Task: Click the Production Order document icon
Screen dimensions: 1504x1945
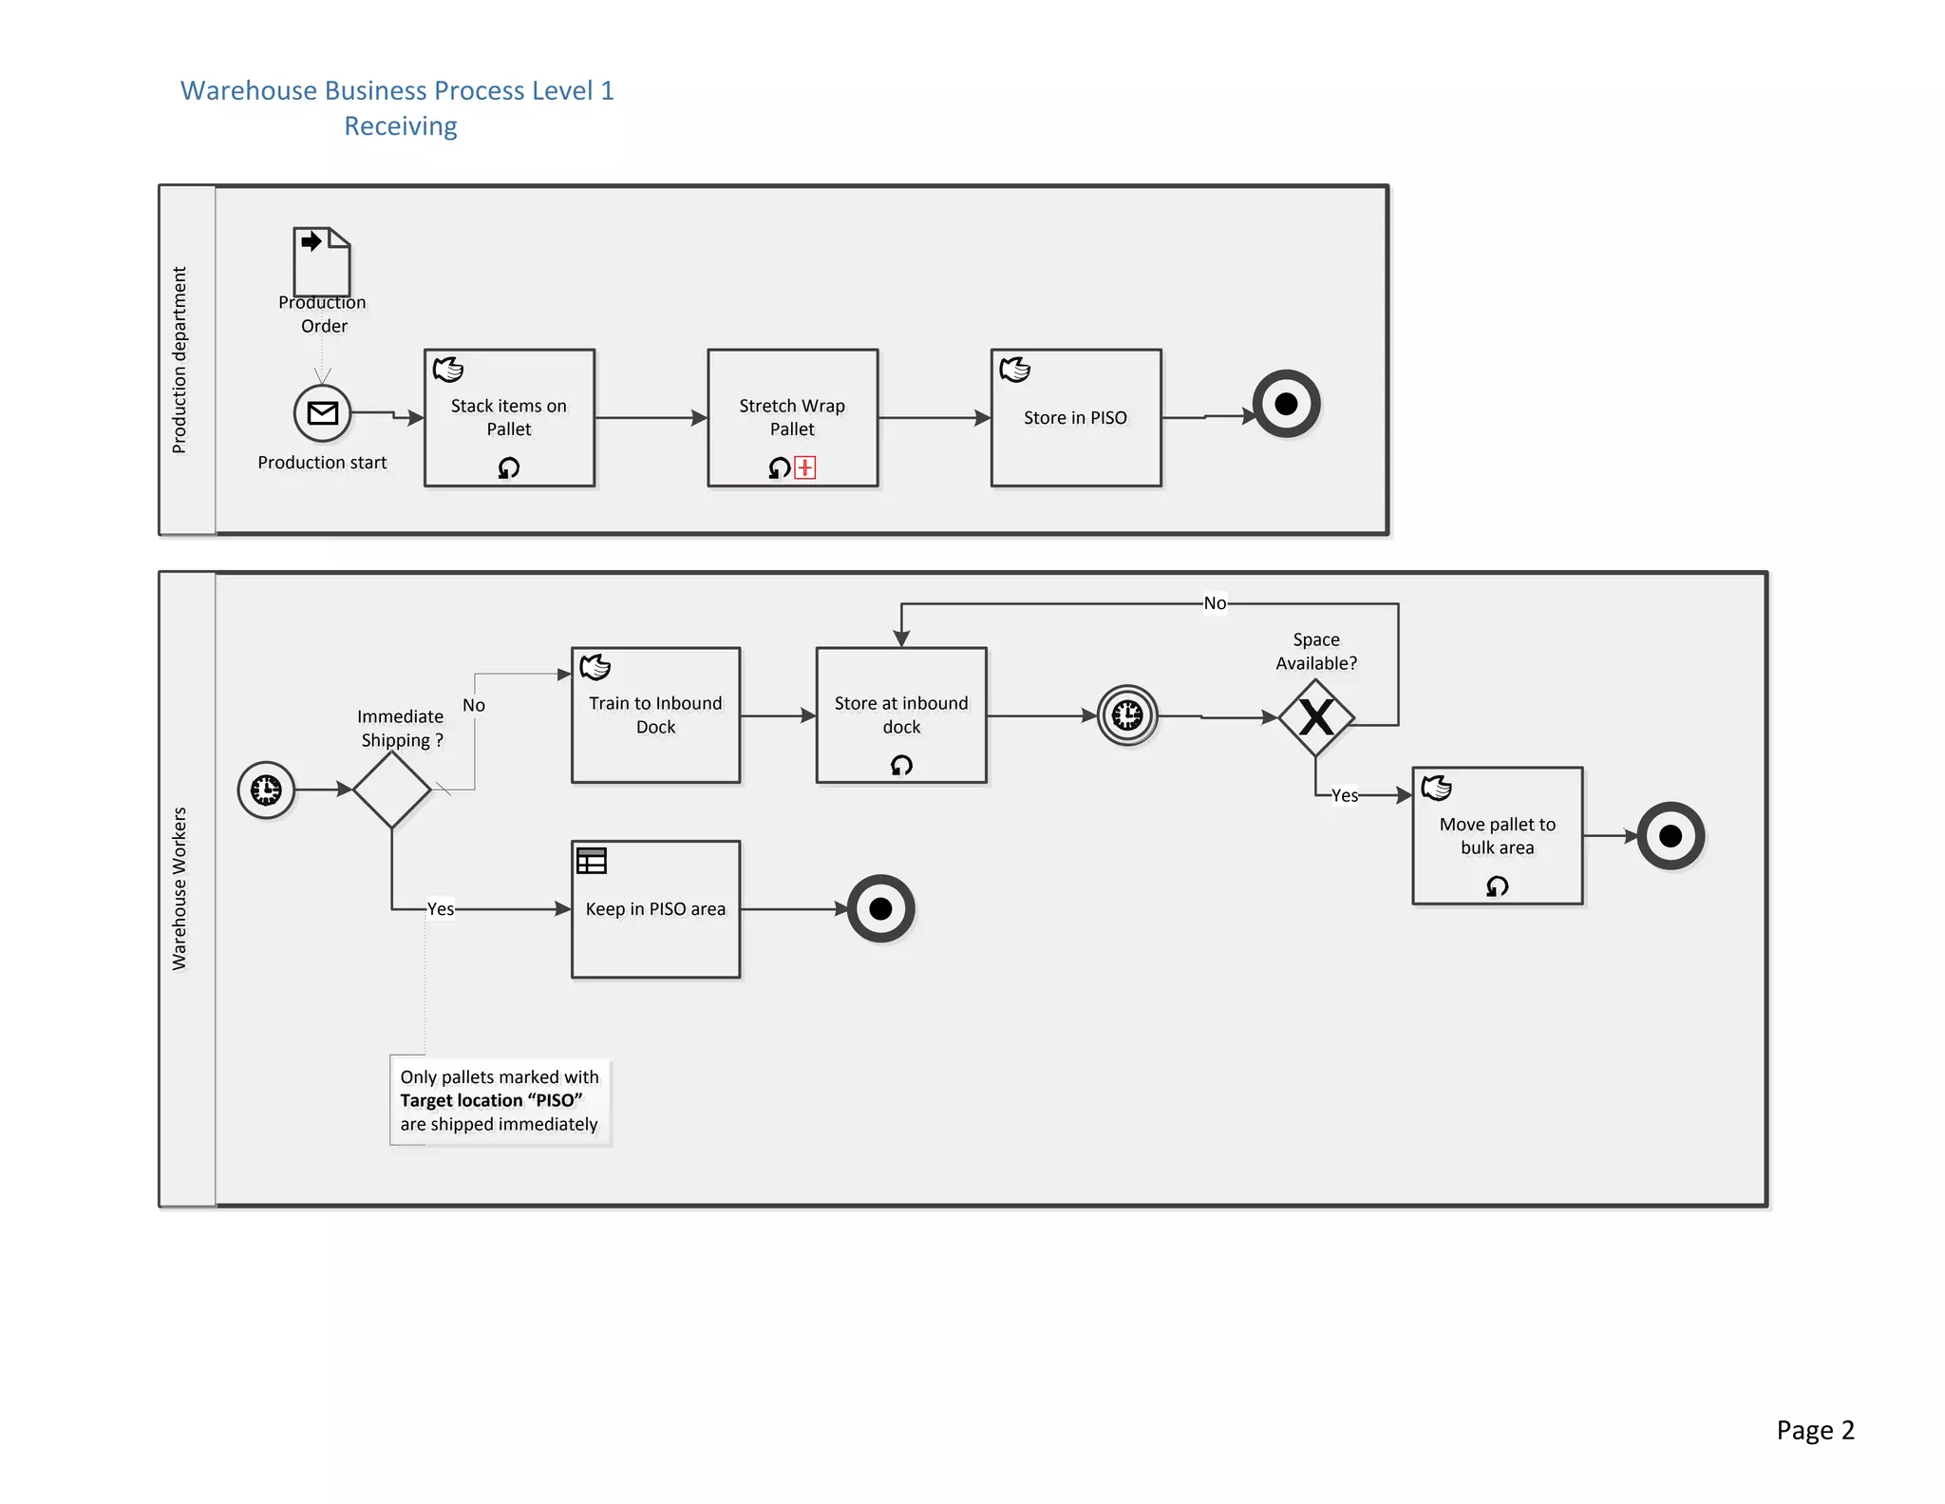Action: [x=322, y=262]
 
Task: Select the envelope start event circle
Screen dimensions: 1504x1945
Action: [x=322, y=413]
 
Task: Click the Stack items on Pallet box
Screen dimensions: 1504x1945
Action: [x=509, y=418]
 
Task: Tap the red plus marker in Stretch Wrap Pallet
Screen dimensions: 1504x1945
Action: [x=805, y=467]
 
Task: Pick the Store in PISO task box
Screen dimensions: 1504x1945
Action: [x=1075, y=418]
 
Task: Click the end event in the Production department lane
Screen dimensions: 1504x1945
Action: [x=1286, y=404]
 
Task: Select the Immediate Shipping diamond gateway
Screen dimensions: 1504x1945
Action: [x=392, y=790]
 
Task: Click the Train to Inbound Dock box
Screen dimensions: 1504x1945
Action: [x=655, y=715]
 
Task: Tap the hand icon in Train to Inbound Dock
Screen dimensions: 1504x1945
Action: [x=595, y=667]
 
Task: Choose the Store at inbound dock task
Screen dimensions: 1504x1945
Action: [x=900, y=715]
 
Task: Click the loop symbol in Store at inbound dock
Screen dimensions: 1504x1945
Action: [x=901, y=765]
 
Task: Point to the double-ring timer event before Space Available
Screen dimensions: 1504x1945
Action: [x=1127, y=715]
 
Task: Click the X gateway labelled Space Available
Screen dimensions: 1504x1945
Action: [x=1316, y=717]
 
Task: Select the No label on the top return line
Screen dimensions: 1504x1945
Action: [x=1215, y=603]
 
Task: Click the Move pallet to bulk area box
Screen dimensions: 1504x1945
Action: [x=1497, y=836]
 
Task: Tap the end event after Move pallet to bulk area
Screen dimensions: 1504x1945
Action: [x=1671, y=836]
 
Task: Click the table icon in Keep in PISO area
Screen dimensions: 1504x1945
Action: [x=592, y=861]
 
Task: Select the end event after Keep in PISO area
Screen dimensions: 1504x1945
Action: [x=880, y=909]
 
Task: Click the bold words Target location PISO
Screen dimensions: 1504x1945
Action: [x=491, y=1100]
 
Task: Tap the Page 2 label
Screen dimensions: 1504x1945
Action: [x=1815, y=1430]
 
